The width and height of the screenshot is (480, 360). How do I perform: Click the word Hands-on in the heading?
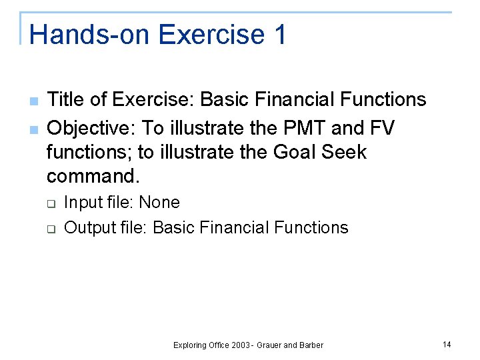(x=81, y=34)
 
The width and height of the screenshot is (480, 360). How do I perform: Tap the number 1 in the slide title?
(x=279, y=34)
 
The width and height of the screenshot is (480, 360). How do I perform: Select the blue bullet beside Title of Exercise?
(x=33, y=101)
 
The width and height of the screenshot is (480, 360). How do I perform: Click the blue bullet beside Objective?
(x=33, y=129)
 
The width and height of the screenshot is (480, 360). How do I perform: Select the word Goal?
(x=295, y=152)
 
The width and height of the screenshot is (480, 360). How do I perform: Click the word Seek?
(x=344, y=152)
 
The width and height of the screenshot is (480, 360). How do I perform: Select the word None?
(x=159, y=203)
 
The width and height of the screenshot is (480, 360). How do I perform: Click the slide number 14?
(x=446, y=344)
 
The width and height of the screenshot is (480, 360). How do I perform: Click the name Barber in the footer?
(x=311, y=345)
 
